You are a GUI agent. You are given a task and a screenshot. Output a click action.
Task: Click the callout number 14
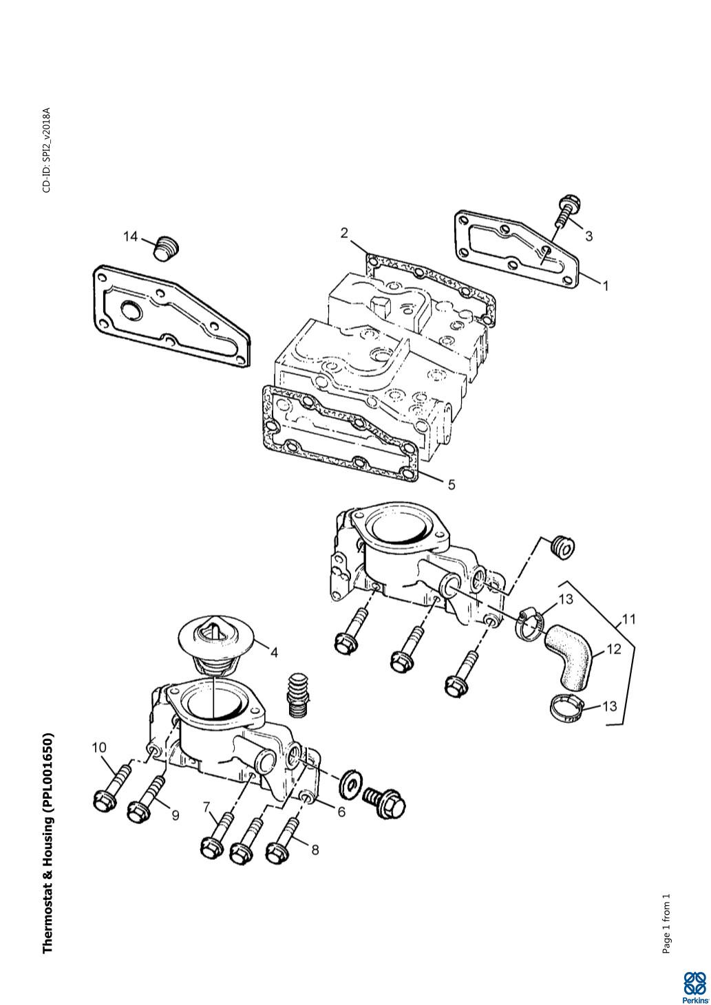coord(131,237)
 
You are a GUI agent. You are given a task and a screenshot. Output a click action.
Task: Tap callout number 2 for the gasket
coord(344,233)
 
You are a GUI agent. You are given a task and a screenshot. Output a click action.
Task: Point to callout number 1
coord(606,285)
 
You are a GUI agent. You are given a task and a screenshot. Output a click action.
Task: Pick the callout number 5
coord(452,484)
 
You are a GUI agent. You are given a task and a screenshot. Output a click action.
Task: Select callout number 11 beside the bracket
coord(629,620)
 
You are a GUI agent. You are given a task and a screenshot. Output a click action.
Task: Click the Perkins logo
coord(694,986)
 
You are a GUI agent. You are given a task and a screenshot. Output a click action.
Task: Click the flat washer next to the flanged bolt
coord(350,784)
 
